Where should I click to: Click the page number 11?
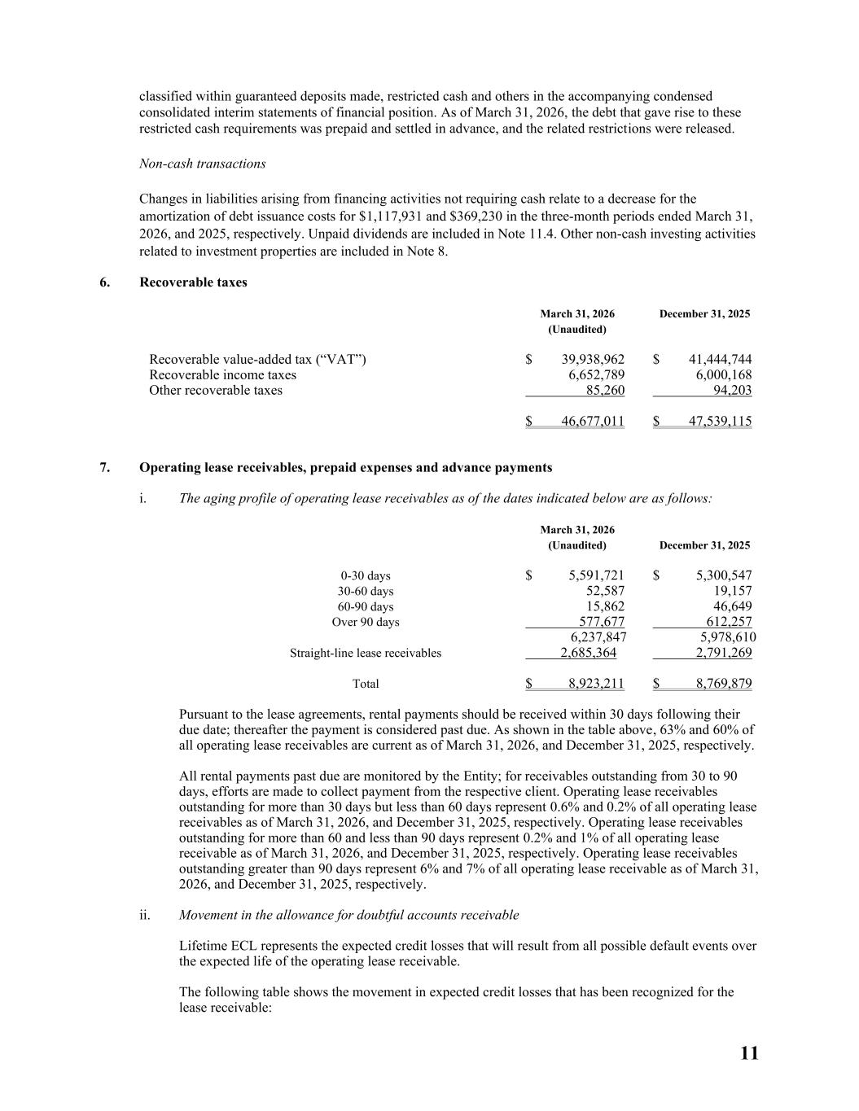[749, 1053]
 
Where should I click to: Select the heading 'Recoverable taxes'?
[193, 282]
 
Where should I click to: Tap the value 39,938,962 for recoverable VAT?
[593, 359]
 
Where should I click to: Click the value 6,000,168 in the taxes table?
[720, 374]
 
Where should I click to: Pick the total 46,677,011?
[593, 421]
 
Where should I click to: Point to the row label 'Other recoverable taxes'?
[216, 390]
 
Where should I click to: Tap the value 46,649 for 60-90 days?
[732, 606]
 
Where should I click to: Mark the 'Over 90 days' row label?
[365, 622]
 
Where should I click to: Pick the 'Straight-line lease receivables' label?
[366, 653]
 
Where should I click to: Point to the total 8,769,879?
[724, 684]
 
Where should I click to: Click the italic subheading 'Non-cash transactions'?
[203, 164]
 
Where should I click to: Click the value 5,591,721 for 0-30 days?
[596, 575]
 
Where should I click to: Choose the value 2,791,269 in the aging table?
[724, 653]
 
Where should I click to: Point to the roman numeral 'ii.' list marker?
[144, 915]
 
